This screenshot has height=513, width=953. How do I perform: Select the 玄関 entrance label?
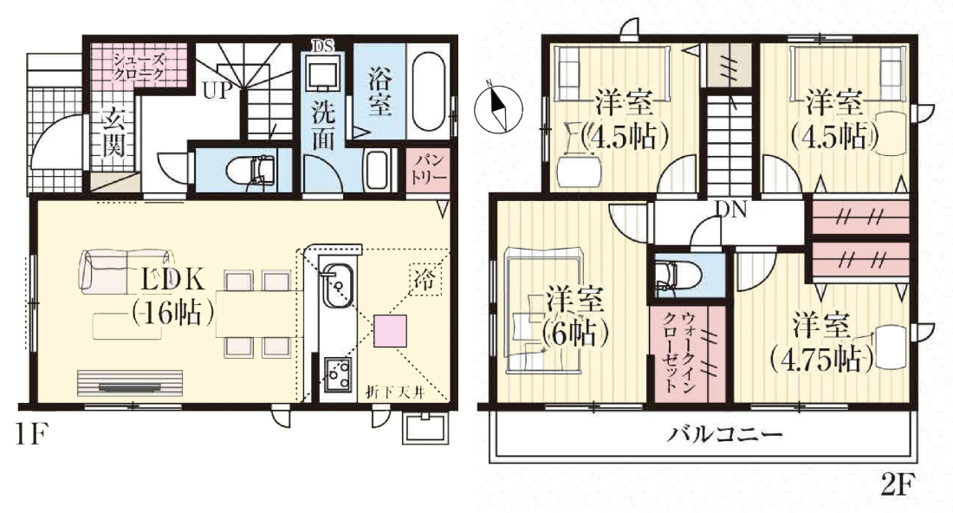pos(113,133)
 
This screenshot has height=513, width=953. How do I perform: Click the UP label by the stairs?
pos(217,91)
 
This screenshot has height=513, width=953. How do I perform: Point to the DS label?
pos(323,47)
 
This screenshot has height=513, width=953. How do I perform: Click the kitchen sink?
pos(337,285)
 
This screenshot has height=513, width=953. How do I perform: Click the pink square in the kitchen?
pos(390,331)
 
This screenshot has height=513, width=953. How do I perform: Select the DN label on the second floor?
pos(730,210)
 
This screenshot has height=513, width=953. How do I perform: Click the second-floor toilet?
pos(677,275)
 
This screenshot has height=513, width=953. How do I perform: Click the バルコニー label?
pos(725,434)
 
